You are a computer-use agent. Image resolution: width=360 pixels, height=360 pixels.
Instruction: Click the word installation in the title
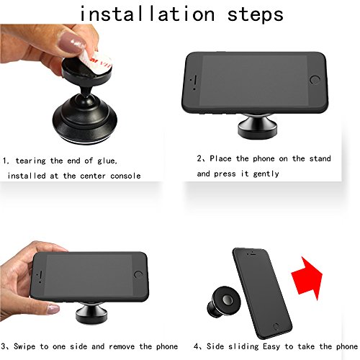(147, 14)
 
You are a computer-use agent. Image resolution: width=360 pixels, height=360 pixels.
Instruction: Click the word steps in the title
(256, 15)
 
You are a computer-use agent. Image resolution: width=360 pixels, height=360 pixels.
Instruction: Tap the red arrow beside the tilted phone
(307, 278)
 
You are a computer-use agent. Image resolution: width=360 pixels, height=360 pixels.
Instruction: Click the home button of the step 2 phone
(315, 80)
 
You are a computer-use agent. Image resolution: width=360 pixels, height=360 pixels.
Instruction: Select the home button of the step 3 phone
(138, 274)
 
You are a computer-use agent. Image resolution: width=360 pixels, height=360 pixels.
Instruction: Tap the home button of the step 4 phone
(276, 326)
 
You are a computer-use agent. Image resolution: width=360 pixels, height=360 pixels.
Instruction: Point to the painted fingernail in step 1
(71, 42)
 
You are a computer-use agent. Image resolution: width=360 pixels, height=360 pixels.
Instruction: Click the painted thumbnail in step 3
(53, 309)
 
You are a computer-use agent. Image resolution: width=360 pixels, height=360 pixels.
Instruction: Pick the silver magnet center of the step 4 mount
(228, 300)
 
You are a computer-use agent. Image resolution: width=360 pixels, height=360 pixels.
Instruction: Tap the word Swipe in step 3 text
(24, 346)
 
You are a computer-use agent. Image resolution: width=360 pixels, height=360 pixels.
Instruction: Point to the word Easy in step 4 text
(271, 346)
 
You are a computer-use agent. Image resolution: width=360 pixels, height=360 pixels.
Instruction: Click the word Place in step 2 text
(220, 158)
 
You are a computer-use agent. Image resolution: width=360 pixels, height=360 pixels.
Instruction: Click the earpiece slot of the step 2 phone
(195, 80)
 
